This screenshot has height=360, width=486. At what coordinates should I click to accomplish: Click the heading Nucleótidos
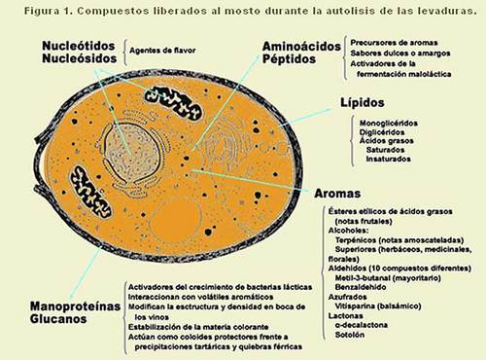(80, 45)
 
